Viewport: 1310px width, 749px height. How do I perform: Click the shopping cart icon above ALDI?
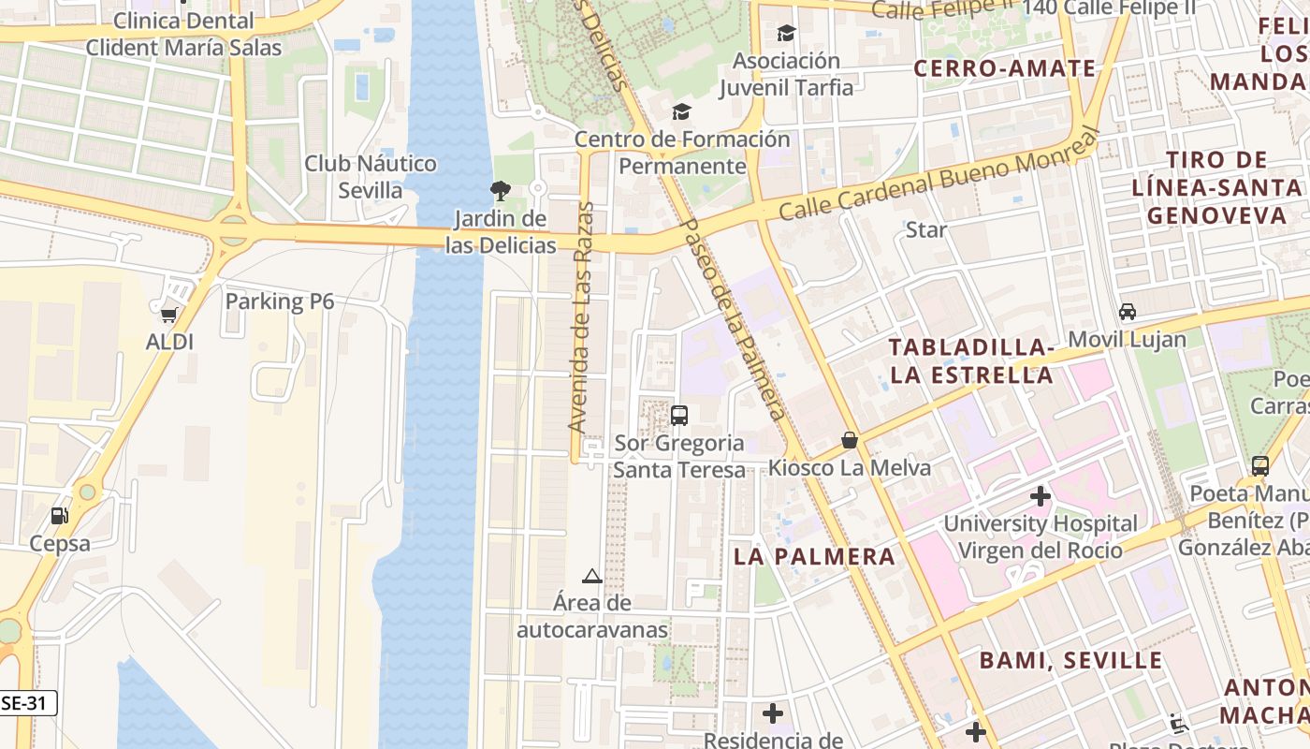[168, 315]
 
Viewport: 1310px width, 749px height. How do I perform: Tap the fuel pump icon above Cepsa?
[59, 516]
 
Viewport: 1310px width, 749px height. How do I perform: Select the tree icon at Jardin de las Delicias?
[500, 191]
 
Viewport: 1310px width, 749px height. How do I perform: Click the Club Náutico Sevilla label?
[370, 177]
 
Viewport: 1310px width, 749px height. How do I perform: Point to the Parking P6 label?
[279, 301]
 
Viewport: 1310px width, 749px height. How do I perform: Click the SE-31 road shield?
[28, 703]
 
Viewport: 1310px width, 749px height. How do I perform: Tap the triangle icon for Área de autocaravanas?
[591, 576]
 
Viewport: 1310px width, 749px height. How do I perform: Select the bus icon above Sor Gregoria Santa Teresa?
[679, 415]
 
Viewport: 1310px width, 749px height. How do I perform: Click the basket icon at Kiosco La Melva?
[850, 439]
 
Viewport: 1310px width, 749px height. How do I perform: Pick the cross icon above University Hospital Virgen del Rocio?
[1040, 495]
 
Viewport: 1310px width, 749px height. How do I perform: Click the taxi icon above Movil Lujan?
[1128, 312]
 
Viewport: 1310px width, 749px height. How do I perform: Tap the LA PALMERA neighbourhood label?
[814, 556]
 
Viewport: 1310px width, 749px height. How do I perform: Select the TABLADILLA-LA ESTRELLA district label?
[970, 361]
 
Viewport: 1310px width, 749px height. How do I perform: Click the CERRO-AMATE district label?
[1004, 68]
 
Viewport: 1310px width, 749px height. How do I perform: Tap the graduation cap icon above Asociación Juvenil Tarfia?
[786, 34]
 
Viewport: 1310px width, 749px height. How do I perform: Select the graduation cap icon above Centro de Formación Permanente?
[681, 112]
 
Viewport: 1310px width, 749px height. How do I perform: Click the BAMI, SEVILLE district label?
[1070, 660]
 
